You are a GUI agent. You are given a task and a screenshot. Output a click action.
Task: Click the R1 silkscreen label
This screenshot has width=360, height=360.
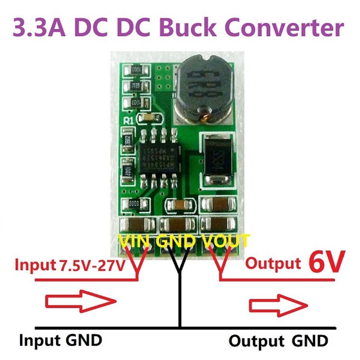point(128,120)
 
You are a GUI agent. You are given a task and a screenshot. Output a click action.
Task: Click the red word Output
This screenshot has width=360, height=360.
point(273,263)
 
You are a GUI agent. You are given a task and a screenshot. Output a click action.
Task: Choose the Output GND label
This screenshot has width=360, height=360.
point(278,341)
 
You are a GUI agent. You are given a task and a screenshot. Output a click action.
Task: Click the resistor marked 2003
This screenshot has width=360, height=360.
point(134,204)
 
